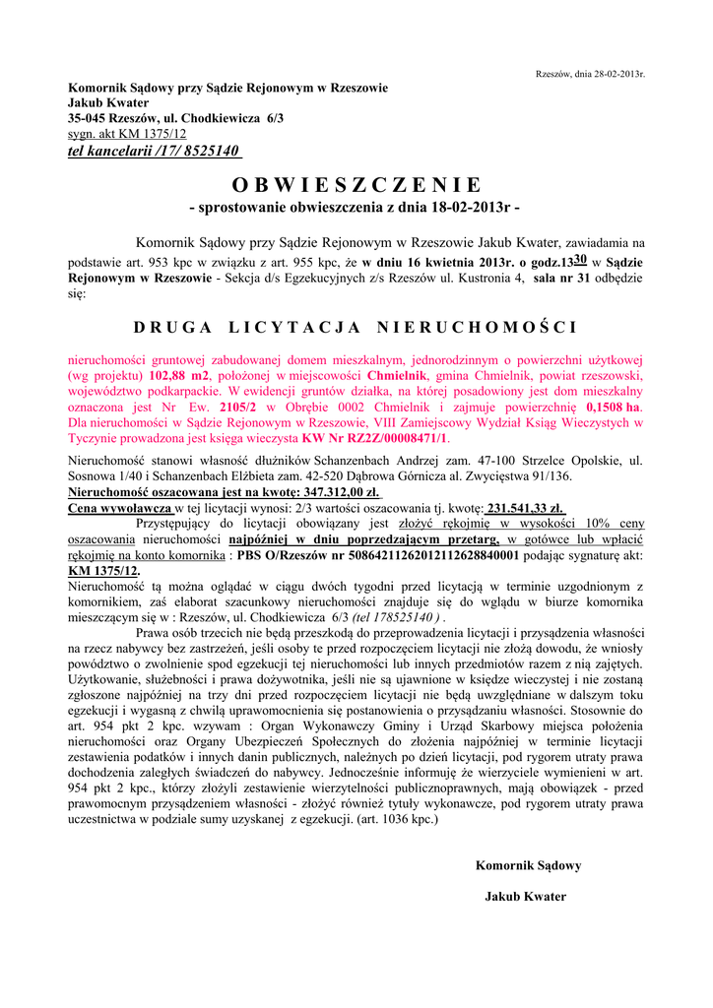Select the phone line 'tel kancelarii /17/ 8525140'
[154, 151]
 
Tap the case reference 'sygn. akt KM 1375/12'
[127, 134]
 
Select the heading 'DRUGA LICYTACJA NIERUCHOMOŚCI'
[356, 327]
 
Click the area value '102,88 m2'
[182, 376]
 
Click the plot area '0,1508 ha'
[613, 407]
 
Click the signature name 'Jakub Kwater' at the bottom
[526, 896]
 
